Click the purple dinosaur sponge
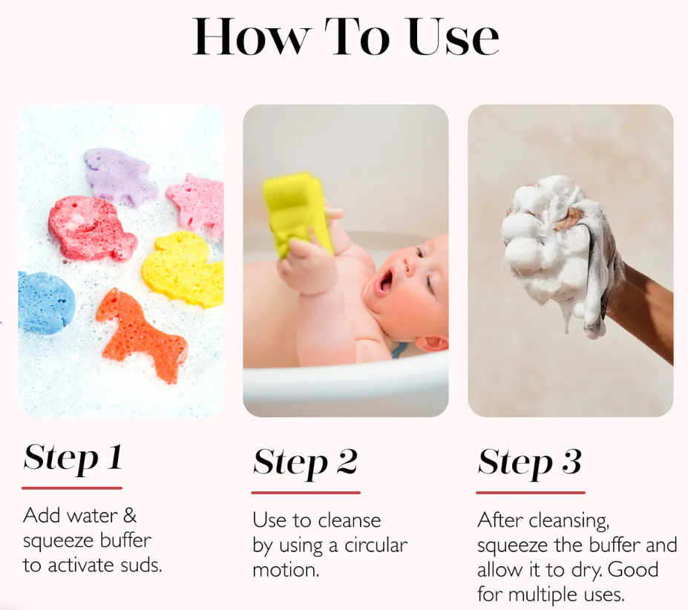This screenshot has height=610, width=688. coord(119,177)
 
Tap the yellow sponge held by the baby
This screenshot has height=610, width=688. coord(298,213)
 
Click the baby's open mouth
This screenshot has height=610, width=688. coord(384,281)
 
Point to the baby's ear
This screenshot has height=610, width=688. coord(431,342)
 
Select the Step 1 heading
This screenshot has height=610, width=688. coord(73,459)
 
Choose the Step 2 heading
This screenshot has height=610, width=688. coord(305,463)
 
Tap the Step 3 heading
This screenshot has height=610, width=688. coord(530,463)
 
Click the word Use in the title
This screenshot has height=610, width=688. coord(453,37)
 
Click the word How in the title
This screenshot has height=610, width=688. coord(252,37)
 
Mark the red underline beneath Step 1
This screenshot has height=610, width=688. coord(72,488)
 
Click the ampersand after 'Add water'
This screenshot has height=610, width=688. coord(129,516)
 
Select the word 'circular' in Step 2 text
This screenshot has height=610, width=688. coord(376,545)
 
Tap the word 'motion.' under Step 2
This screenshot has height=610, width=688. coord(286,570)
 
